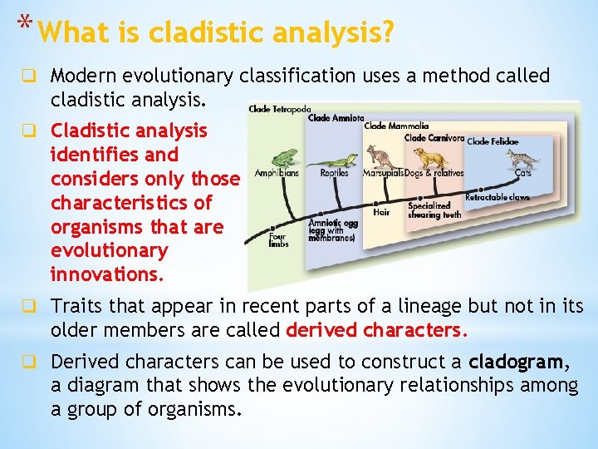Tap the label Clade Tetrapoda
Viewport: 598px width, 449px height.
[x=279, y=109]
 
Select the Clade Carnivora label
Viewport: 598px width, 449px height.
[x=434, y=137]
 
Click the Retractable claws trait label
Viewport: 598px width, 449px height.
[x=497, y=197]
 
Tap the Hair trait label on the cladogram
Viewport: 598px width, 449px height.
[x=381, y=212]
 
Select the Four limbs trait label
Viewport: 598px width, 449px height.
[x=277, y=239]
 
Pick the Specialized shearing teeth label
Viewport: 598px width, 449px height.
[x=429, y=210]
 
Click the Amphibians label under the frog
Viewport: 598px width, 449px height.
[x=277, y=173]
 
